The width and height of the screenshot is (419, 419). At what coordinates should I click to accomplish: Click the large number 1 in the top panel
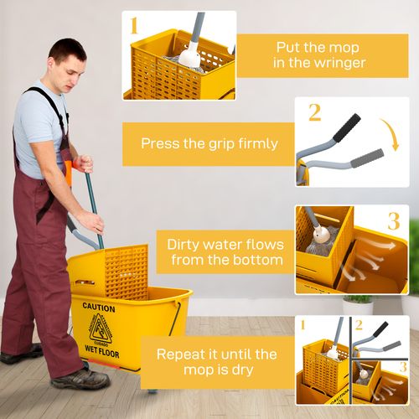click(x=133, y=25)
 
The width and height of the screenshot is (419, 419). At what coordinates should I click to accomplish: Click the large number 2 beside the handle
click(x=314, y=112)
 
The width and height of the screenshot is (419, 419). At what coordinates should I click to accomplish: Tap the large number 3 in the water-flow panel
click(x=393, y=222)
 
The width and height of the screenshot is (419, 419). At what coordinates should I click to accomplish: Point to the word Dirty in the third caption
click(x=187, y=245)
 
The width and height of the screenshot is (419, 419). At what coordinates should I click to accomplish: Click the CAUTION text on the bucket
click(x=99, y=308)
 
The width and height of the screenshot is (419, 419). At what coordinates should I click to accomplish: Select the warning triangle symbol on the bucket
click(x=101, y=328)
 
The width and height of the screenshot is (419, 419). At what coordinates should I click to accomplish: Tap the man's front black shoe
click(x=80, y=379)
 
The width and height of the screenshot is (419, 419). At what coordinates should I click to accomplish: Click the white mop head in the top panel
click(x=189, y=58)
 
